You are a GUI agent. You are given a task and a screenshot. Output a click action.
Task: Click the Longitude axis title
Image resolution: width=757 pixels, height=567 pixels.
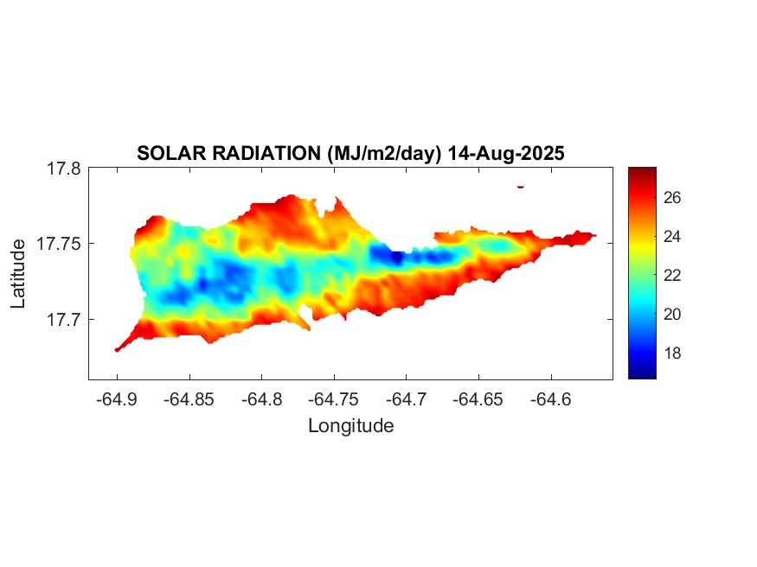click(x=350, y=425)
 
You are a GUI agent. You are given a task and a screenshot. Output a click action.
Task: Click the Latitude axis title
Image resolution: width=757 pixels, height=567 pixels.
click(x=18, y=274)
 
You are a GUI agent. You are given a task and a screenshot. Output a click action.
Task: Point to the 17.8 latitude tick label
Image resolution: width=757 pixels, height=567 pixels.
click(x=63, y=169)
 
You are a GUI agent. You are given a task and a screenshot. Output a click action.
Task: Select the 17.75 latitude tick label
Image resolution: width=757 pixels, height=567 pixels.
click(x=59, y=245)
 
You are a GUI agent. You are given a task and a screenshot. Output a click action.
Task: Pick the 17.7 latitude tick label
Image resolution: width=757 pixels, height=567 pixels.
click(x=63, y=320)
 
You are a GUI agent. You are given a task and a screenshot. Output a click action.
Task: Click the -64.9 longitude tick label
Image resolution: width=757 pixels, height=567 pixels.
click(x=117, y=399)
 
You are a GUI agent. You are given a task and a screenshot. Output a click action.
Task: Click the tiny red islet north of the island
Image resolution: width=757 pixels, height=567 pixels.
click(x=520, y=186)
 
